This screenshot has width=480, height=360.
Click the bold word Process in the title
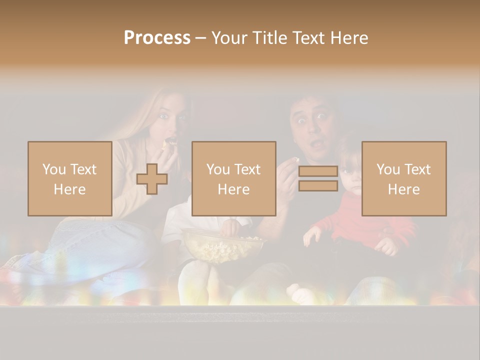coord(157,38)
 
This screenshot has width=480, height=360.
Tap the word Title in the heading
coord(271,38)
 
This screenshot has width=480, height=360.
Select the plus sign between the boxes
coord(152,178)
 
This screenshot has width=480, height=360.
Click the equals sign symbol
coord(318,178)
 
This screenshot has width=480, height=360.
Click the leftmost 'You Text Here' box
coord(70,178)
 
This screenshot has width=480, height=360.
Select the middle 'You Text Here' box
coord(233,178)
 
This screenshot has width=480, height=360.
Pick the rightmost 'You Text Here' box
coord(403,178)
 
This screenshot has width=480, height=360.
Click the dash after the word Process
coord(200,38)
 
